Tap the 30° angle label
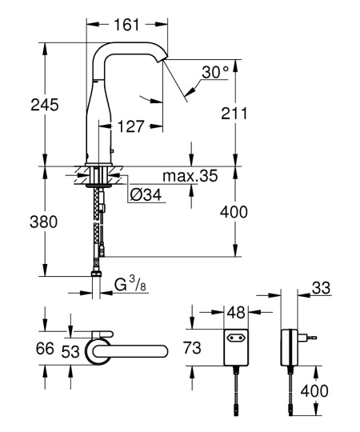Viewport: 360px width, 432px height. point(214,73)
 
